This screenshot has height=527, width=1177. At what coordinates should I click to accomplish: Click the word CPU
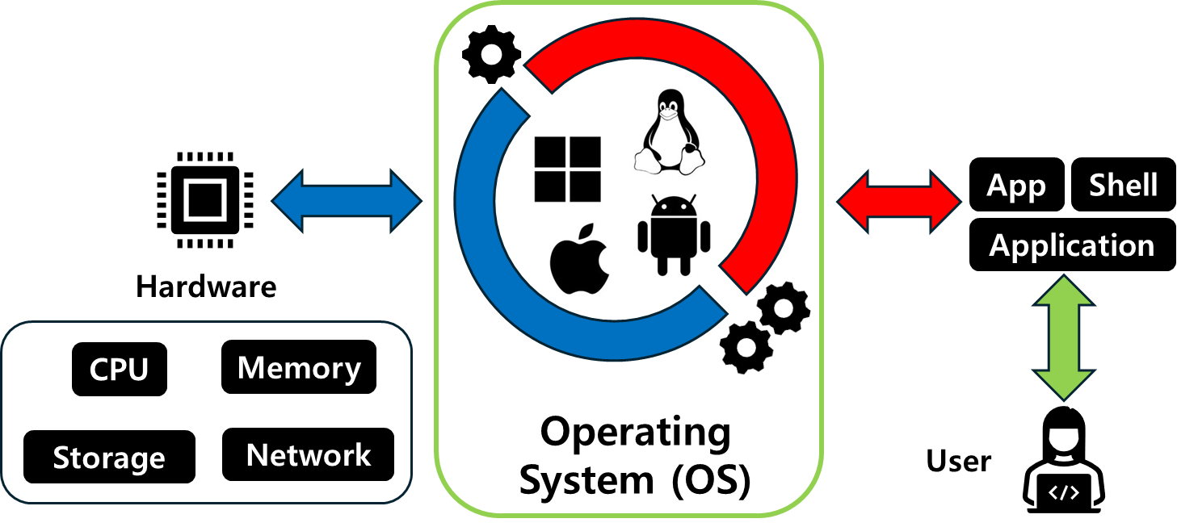click(x=119, y=370)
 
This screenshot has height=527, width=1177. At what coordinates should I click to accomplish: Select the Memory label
click(x=299, y=368)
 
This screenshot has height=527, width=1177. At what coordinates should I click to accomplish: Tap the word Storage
click(x=108, y=458)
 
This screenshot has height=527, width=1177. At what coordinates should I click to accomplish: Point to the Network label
click(x=308, y=455)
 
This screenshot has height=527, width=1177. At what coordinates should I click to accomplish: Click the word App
click(x=1016, y=186)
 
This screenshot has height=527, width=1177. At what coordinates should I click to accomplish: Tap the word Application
click(x=1072, y=245)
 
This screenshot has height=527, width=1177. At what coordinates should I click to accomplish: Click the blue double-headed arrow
click(x=347, y=201)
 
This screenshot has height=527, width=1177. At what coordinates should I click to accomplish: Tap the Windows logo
click(x=570, y=169)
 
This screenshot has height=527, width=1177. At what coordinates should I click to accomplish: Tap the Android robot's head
click(x=674, y=207)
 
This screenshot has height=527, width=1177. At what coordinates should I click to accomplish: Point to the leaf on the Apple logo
click(x=589, y=231)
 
